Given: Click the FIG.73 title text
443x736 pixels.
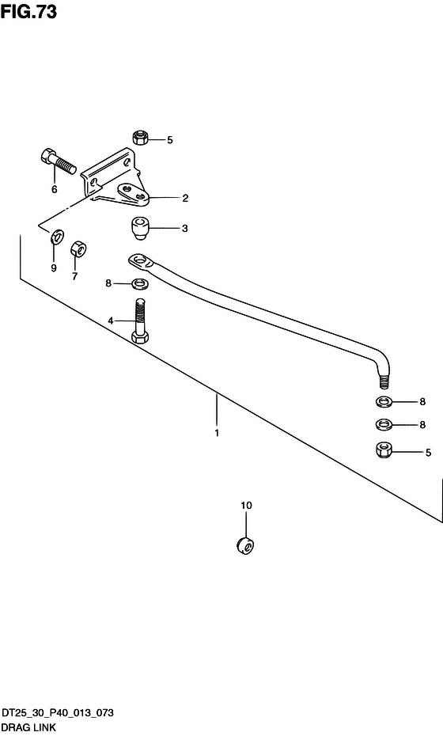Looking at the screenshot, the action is coord(28,11).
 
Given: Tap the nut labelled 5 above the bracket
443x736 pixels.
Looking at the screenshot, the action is coord(141,138).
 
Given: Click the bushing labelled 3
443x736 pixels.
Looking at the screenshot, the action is coord(140,228).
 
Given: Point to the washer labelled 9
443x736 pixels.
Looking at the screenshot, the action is coord(58,237).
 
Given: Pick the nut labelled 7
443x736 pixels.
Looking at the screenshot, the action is coord(78,249).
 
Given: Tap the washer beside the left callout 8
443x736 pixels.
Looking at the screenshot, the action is coord(140,283).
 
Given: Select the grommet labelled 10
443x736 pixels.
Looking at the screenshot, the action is coord(246,545).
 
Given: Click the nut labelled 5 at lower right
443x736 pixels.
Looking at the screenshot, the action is coord(384,450).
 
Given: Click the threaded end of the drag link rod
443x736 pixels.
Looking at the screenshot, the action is coord(384,379).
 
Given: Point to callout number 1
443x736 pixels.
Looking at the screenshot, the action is coord(217,433).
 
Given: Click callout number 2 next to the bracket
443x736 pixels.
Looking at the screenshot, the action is coord(185,198).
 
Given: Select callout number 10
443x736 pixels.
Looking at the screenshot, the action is coord(246,506).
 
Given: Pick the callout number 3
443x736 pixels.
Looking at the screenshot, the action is coord(185,228).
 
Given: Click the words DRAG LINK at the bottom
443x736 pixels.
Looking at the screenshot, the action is coord(28,727).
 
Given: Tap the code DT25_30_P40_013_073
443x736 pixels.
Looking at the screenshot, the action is coord(57,712).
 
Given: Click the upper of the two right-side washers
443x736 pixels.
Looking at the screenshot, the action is coord(384,402).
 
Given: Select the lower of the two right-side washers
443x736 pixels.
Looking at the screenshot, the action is coord(384,424).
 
